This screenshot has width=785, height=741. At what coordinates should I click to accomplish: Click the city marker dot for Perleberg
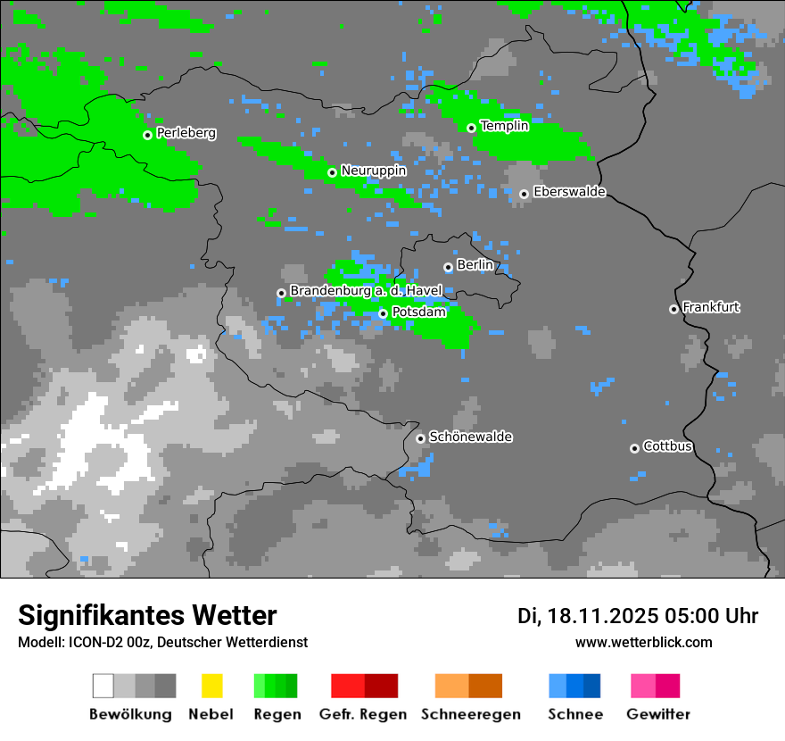coord(147,135)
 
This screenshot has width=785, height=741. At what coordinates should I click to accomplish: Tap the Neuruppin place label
coord(374,171)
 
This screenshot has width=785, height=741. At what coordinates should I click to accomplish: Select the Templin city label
coord(505,126)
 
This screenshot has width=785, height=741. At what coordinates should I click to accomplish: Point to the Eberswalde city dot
coord(524,194)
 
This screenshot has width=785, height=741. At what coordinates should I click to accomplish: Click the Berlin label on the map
coord(475,265)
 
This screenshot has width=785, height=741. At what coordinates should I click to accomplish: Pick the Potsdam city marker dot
coord(383,313)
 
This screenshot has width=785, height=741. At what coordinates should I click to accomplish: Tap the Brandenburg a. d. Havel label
coord(366,291)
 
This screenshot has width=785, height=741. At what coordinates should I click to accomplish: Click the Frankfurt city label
coord(711,307)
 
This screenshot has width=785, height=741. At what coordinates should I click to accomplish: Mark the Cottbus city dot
coord(634,448)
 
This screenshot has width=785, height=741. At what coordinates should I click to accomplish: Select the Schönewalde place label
coord(471,437)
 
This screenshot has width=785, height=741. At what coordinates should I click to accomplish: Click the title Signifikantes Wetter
coord(147,615)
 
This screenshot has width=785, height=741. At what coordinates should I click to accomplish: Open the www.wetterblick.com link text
coord(644,642)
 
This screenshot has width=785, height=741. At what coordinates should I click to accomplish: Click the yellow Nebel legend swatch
coord(211,686)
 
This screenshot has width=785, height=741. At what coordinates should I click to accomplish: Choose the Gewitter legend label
coord(658,714)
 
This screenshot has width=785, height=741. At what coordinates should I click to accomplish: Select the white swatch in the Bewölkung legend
coord(103,686)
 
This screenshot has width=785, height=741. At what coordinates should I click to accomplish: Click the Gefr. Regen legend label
coord(363,714)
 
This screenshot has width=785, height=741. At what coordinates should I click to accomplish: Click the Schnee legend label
coord(575,714)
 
